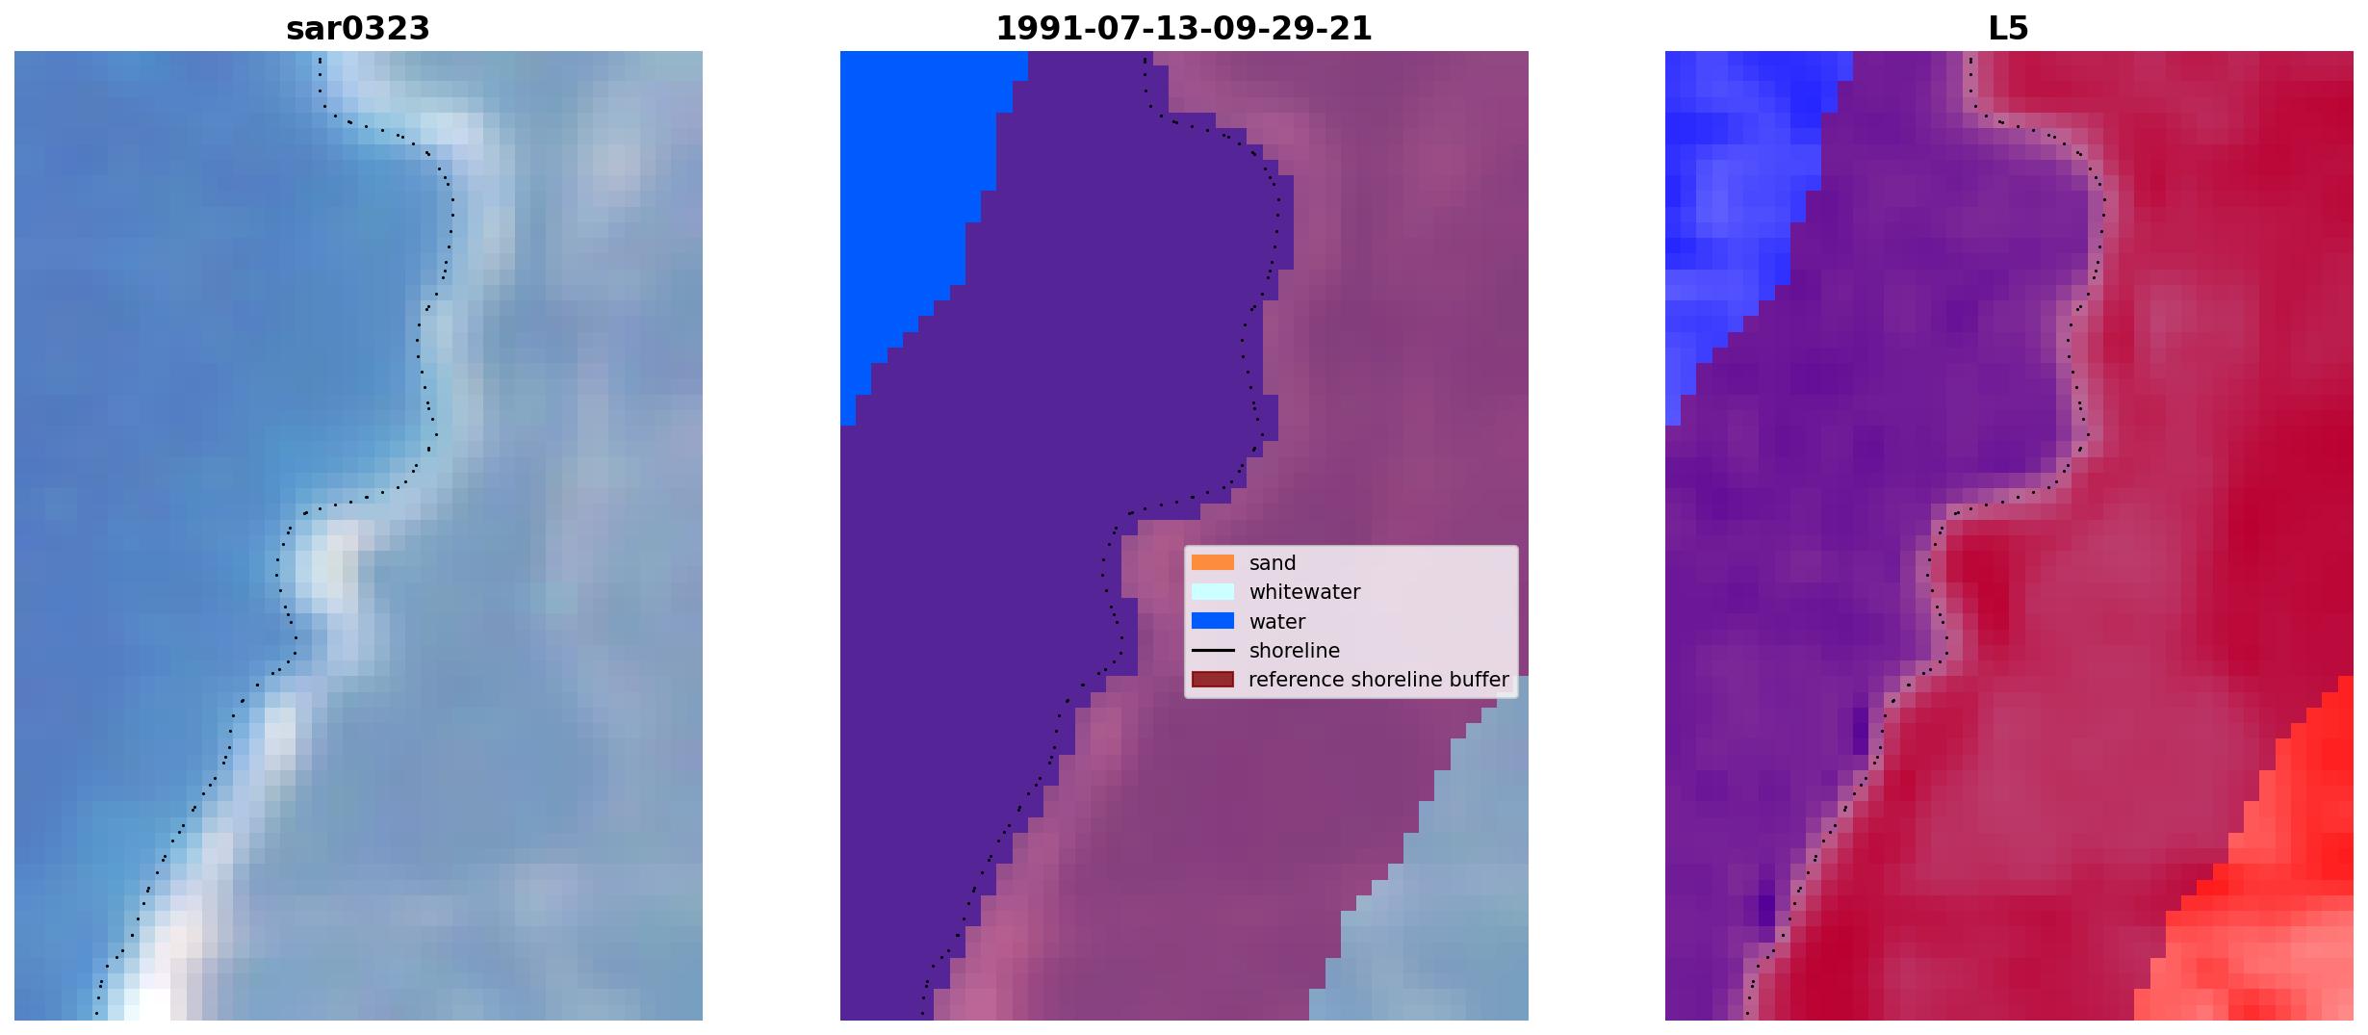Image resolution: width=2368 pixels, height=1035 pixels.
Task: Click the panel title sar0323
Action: [x=358, y=29]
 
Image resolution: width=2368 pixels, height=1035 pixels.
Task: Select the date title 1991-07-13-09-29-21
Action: [x=1184, y=29]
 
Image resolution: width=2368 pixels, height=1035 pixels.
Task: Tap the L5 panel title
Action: [x=2009, y=29]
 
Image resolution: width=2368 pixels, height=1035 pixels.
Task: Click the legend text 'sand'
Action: [x=1273, y=563]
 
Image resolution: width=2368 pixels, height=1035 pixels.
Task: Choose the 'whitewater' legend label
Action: [x=1304, y=592]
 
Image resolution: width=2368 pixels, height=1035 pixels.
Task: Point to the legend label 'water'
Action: [x=1277, y=622]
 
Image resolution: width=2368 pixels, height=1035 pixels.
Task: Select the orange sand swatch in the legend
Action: [x=1213, y=562]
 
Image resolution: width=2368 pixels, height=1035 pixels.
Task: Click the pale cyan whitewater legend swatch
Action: [x=1213, y=591]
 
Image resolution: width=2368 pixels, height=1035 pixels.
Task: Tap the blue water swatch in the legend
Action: [x=1213, y=621]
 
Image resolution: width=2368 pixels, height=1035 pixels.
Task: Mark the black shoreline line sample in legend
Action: [x=1213, y=651]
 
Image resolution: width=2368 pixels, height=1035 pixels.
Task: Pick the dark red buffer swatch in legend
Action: [x=1213, y=680]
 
